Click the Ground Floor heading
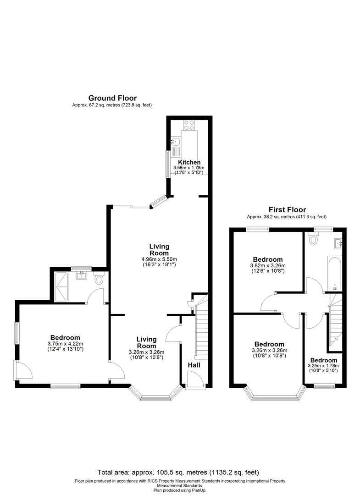[x=112, y=98]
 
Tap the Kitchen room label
[x=189, y=162]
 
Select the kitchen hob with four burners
[x=189, y=124]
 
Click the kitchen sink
[x=176, y=143]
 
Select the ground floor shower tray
[x=61, y=287]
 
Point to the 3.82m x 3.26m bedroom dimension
[x=268, y=265]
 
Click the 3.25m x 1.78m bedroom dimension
[x=323, y=366]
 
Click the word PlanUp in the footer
[x=193, y=490]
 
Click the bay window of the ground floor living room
[x=155, y=394]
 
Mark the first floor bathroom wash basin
[x=338, y=242]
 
